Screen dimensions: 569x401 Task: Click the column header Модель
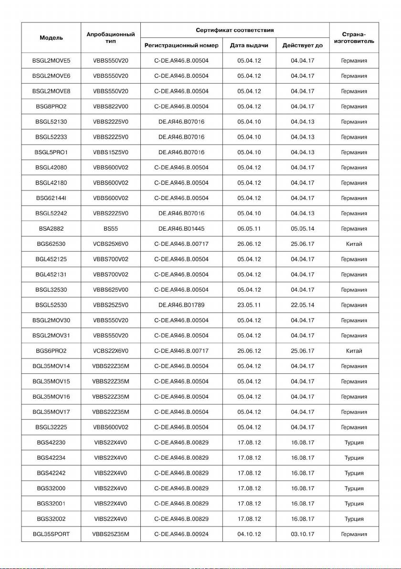coord(51,37)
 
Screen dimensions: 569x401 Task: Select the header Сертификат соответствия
coord(235,30)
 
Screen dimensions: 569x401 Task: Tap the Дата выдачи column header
coord(249,45)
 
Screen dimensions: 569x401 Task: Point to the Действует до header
coord(302,45)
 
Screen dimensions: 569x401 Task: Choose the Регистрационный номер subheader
coord(181,45)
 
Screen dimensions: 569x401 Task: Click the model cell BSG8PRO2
coord(51,106)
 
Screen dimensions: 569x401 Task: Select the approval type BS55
coord(111,229)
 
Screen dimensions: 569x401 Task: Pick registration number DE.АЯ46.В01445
coord(181,229)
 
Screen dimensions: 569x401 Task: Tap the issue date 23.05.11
coord(249,305)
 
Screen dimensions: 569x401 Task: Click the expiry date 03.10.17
coord(302,534)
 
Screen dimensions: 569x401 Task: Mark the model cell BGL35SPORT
coord(51,534)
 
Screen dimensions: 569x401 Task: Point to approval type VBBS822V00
coord(111,106)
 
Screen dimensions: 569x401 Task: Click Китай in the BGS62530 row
coord(354,244)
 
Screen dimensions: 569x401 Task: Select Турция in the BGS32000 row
coord(354,488)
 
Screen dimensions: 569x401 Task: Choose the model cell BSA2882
coord(51,229)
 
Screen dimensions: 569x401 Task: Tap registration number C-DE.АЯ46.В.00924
coord(181,534)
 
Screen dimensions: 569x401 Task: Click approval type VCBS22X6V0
coord(111,351)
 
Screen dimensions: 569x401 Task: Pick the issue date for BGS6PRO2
coord(249,351)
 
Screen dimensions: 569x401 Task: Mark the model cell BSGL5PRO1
coord(51,152)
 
